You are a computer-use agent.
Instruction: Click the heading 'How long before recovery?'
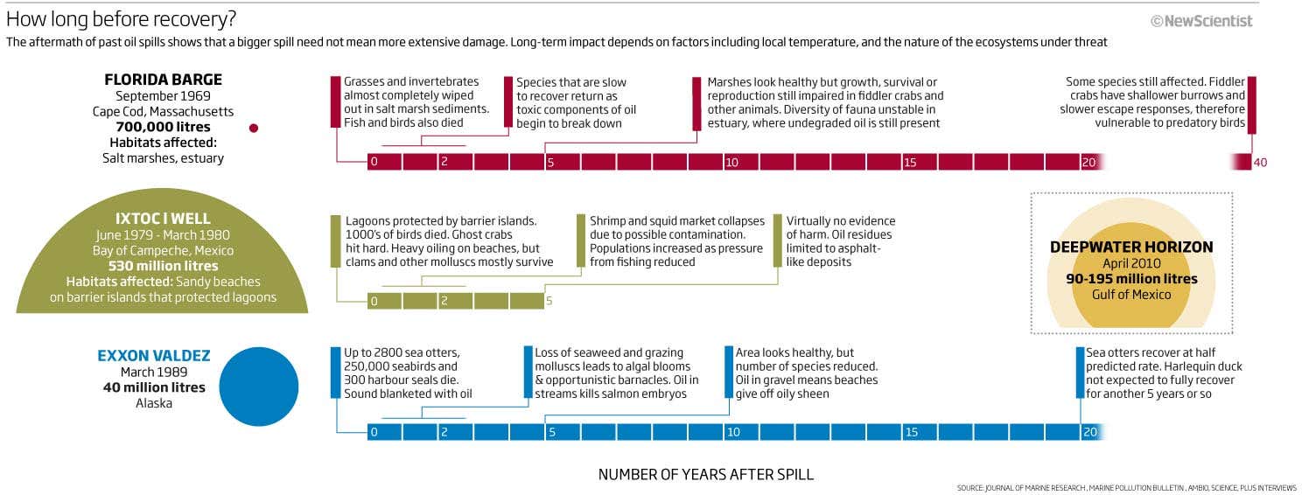click(121, 19)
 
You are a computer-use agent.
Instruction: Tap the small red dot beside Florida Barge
click(254, 128)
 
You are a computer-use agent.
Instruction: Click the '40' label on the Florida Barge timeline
click(1260, 163)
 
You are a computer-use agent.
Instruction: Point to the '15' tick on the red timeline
click(910, 163)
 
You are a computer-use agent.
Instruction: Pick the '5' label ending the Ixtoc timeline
click(550, 302)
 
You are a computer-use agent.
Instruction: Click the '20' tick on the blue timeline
click(1088, 432)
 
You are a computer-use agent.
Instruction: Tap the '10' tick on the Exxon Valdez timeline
click(732, 432)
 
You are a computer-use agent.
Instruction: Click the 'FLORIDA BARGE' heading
click(164, 80)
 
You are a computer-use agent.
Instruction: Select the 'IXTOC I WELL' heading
click(164, 219)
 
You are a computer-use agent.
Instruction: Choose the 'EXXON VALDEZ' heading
click(154, 356)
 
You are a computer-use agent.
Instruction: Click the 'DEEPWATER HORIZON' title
click(1131, 247)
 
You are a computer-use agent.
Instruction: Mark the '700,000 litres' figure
click(164, 127)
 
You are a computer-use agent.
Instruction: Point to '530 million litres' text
click(164, 266)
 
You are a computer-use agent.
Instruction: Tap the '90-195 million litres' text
click(1131, 279)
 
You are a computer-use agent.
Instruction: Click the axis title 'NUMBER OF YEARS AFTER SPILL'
click(705, 475)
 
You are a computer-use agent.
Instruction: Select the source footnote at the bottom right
click(1127, 488)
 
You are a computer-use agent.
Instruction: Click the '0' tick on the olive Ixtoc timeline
click(374, 302)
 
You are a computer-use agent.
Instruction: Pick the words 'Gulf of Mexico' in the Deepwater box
click(1131, 295)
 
